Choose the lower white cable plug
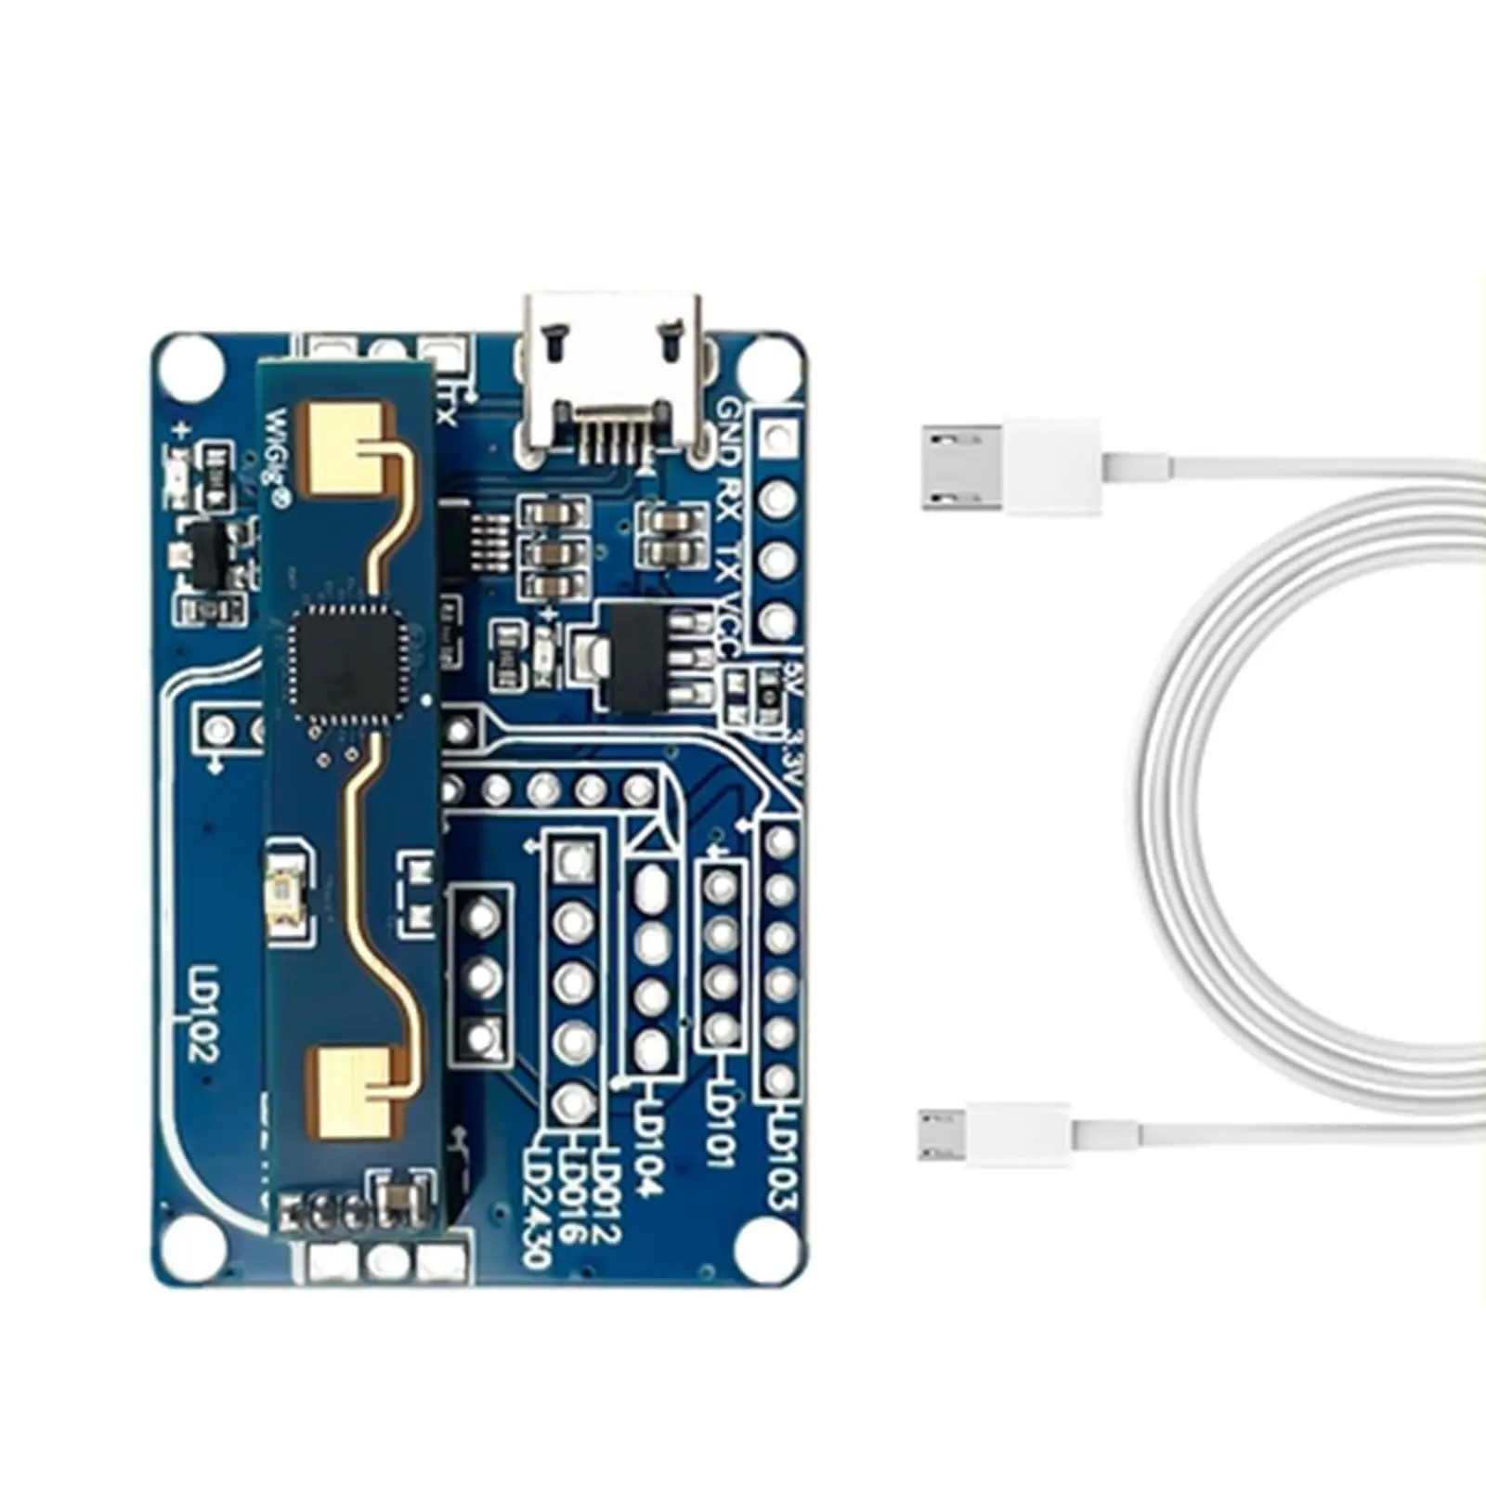pyautogui.click(x=994, y=1134)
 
